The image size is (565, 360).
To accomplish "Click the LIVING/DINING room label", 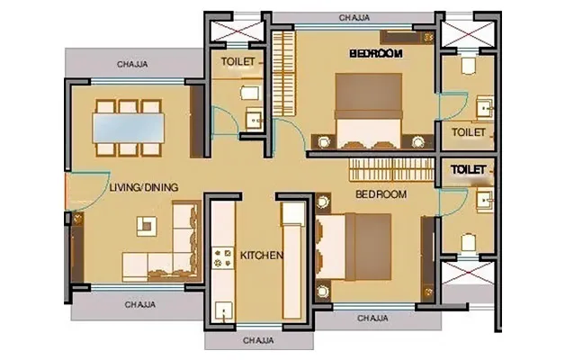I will point(143,187).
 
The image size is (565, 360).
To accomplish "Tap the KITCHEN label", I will point(262,256).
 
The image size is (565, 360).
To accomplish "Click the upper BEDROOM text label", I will point(376,54).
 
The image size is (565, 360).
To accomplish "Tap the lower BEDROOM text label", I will point(381,194).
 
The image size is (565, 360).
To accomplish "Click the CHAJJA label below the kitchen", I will point(258,341).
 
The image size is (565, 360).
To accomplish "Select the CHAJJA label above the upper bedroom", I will point(356,17).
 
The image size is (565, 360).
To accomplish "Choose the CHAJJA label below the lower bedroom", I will point(372,318).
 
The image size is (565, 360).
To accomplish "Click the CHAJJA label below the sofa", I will point(139,304).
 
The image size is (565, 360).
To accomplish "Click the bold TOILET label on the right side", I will point(468,168).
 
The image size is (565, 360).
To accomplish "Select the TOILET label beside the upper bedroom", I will point(468,132).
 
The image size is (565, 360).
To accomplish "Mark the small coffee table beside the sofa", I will point(141,222).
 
